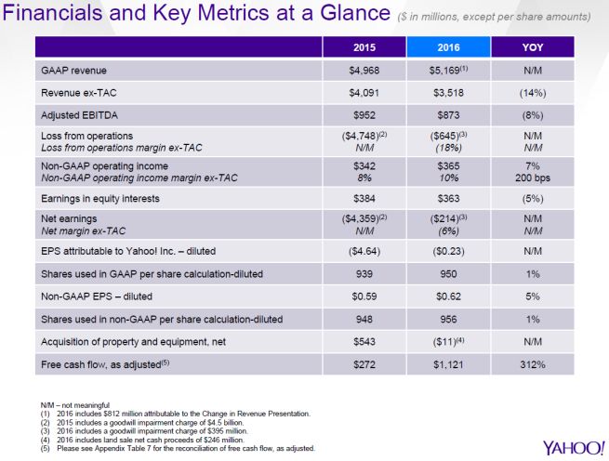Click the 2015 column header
pos(365,46)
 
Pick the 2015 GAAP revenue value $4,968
pos(365,70)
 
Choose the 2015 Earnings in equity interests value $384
pos(365,198)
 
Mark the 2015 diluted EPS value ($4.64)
pos(365,251)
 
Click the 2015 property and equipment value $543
pos(365,341)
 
